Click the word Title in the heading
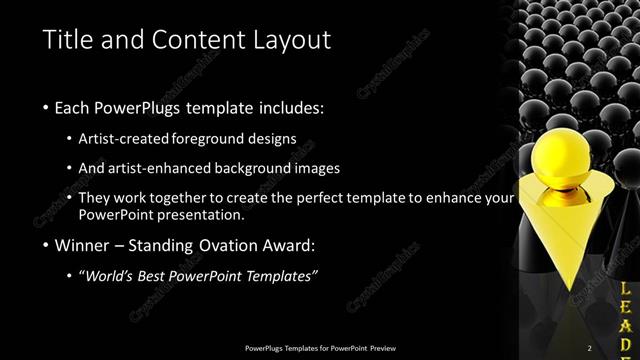[69, 40]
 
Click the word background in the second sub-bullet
[258, 168]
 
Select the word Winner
[87, 245]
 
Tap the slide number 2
[589, 347]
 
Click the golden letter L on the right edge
[625, 288]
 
